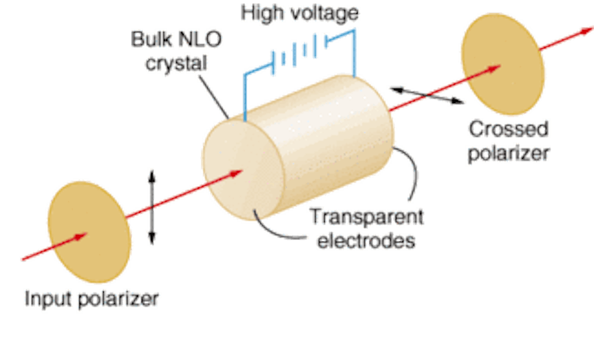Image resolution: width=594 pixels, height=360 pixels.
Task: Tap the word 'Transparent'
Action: point(366,216)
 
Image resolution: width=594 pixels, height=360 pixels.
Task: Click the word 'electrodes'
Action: point(360,240)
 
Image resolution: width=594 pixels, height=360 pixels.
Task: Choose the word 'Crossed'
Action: point(509,129)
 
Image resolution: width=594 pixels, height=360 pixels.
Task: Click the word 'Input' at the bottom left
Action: point(48,299)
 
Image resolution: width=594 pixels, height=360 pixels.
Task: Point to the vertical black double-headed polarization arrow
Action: point(151,207)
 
